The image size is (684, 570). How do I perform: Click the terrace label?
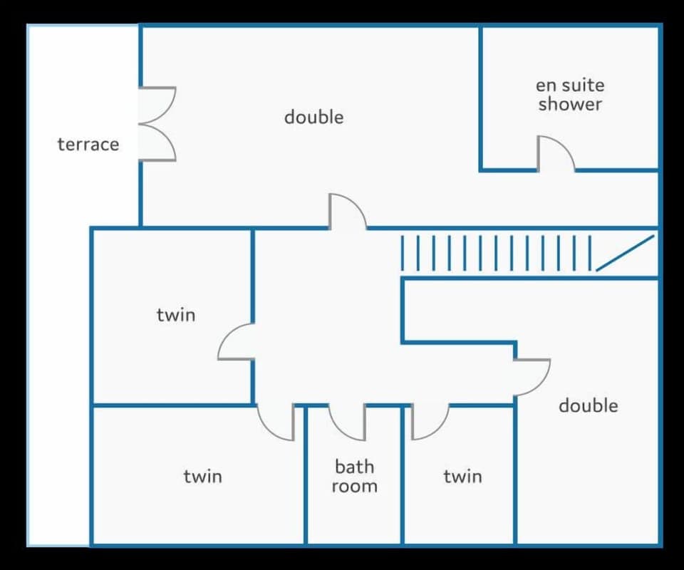point(88,145)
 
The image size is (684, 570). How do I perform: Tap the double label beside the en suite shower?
point(313,117)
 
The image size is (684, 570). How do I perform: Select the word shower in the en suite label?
point(570,104)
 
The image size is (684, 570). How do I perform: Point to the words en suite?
point(570,85)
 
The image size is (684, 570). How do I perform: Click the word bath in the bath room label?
point(354,467)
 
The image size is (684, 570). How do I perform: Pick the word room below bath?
point(354,487)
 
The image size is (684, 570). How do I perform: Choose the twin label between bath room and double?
point(462,476)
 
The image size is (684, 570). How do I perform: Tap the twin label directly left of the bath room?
point(202,476)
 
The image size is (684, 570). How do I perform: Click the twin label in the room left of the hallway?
point(175,314)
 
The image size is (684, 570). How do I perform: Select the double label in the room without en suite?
point(588,405)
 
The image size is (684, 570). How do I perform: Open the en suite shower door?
point(554,153)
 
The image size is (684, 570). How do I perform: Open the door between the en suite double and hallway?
point(347,212)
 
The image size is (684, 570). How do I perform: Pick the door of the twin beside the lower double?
point(430,423)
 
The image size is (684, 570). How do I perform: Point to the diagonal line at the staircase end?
point(625,253)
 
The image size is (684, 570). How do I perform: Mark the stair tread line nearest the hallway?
point(402,253)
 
